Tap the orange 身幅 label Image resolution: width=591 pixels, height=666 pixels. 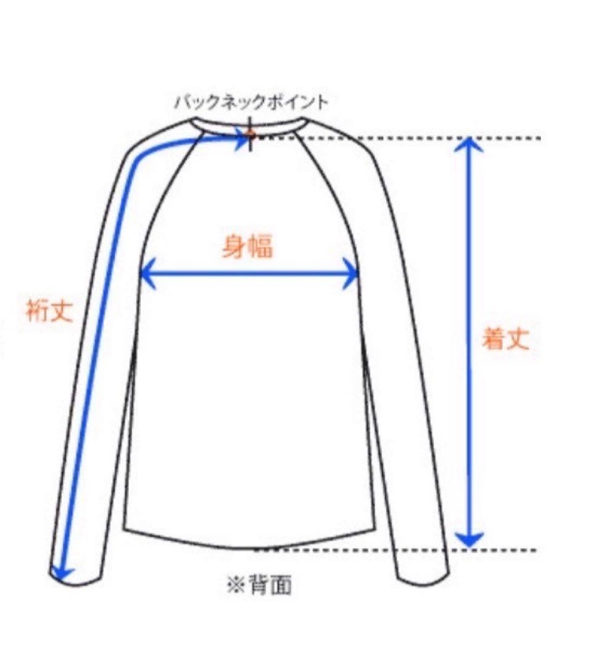(x=247, y=247)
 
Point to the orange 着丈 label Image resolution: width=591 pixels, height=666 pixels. (x=506, y=339)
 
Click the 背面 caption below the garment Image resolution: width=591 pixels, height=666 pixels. (x=270, y=585)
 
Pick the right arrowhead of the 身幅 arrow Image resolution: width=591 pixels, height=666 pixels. (x=352, y=274)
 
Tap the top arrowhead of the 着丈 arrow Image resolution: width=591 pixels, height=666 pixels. (x=469, y=144)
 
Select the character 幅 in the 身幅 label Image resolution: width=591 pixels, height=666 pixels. (x=260, y=247)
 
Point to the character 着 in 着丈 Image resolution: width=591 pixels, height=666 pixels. (x=494, y=339)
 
